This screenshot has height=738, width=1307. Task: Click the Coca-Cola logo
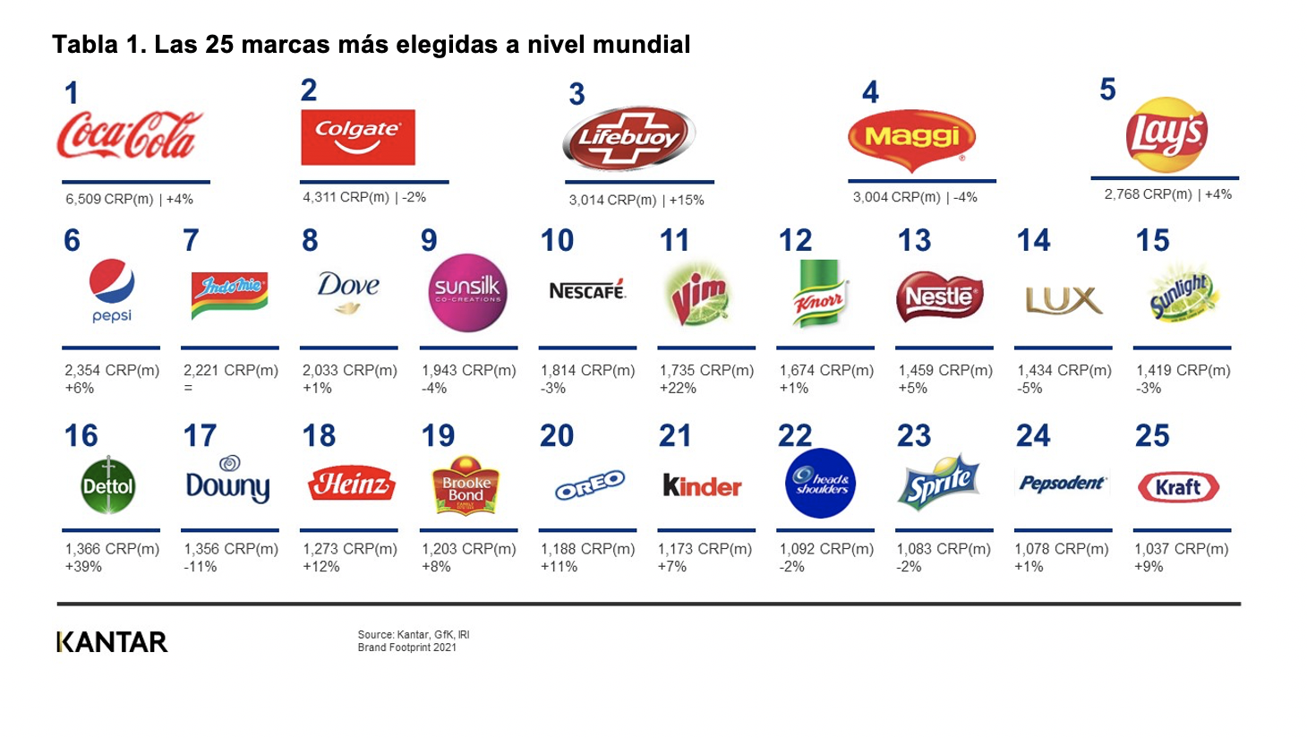(x=129, y=135)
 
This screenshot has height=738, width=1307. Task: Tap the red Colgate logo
(x=357, y=137)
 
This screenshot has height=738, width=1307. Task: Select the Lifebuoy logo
(x=628, y=138)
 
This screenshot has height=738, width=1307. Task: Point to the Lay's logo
(x=1166, y=135)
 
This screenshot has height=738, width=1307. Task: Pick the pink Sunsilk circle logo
(x=467, y=293)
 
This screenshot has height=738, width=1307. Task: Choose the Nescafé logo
(x=586, y=290)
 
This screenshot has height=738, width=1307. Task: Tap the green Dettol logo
(x=108, y=485)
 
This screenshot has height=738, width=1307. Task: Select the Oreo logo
(x=588, y=485)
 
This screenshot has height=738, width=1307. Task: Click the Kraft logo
(x=1178, y=487)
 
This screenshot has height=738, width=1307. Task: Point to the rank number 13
(x=914, y=241)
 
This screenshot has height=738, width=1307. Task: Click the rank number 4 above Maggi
(x=870, y=93)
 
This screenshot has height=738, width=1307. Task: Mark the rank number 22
(x=794, y=436)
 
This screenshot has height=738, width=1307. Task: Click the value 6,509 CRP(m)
(x=109, y=200)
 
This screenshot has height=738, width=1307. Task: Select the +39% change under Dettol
(x=83, y=567)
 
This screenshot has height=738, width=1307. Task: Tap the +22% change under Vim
(x=677, y=389)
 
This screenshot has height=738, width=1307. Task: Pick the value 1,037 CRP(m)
(x=1181, y=549)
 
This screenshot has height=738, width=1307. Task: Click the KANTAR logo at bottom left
(x=112, y=642)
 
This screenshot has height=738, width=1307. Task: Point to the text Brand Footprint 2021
(x=406, y=648)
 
